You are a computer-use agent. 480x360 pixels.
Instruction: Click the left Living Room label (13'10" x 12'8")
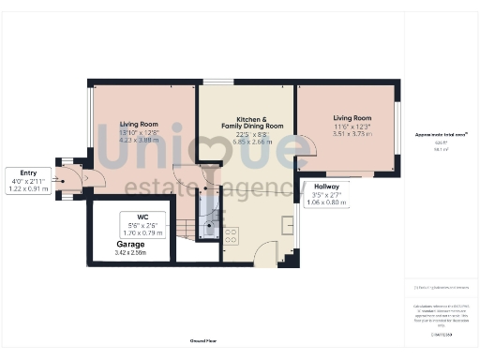coord(139,124)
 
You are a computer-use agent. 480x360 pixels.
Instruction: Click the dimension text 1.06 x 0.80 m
coord(328,202)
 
